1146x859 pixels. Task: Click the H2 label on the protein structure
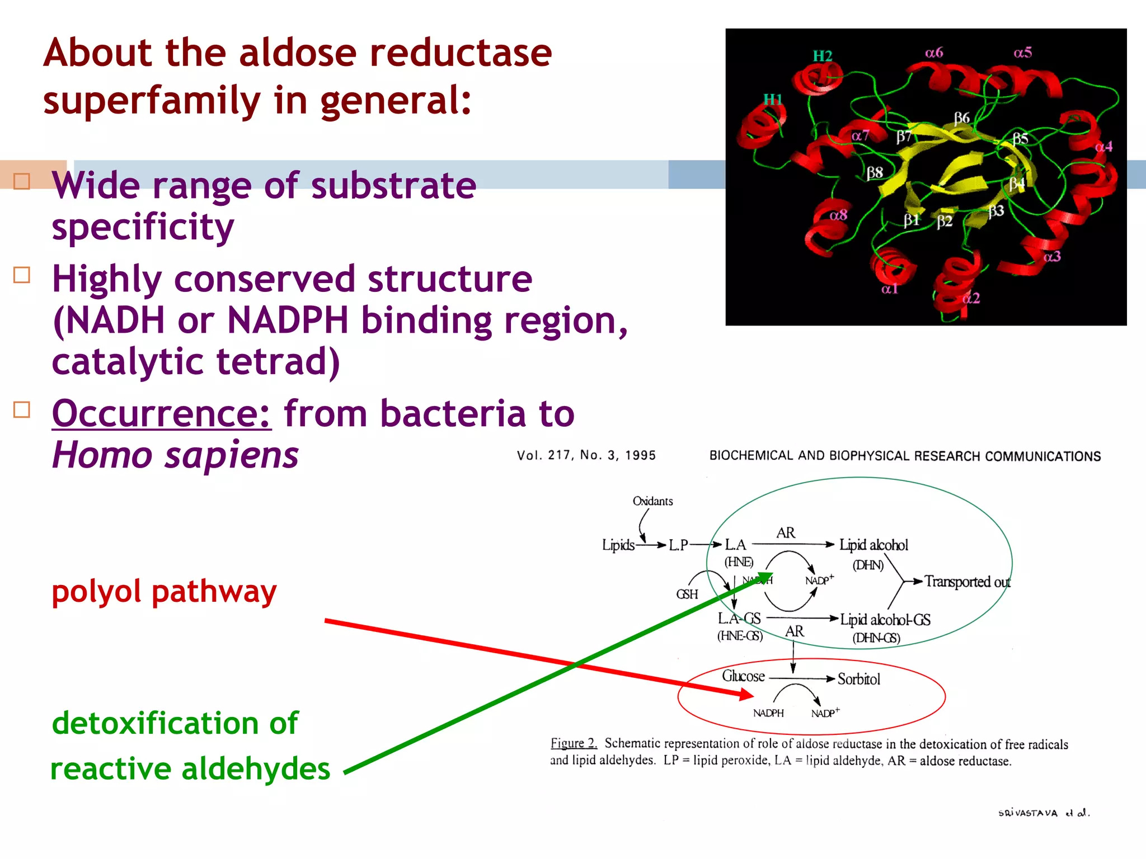822,56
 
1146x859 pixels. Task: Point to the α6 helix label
934,53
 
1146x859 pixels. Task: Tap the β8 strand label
875,173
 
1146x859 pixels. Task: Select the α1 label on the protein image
889,289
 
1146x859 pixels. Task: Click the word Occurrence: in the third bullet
162,414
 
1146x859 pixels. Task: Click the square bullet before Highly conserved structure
21,275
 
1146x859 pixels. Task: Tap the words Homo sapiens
175,455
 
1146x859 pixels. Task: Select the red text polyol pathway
164,591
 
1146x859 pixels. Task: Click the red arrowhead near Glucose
745,695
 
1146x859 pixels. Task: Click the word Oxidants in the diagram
652,501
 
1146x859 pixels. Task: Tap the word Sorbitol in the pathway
858,679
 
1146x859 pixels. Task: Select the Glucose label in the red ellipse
743,676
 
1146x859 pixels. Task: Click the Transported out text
967,582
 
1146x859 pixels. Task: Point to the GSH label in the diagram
687,594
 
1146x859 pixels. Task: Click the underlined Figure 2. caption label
574,743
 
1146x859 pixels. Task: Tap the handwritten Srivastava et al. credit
1044,813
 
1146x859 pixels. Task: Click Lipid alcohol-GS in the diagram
885,620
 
